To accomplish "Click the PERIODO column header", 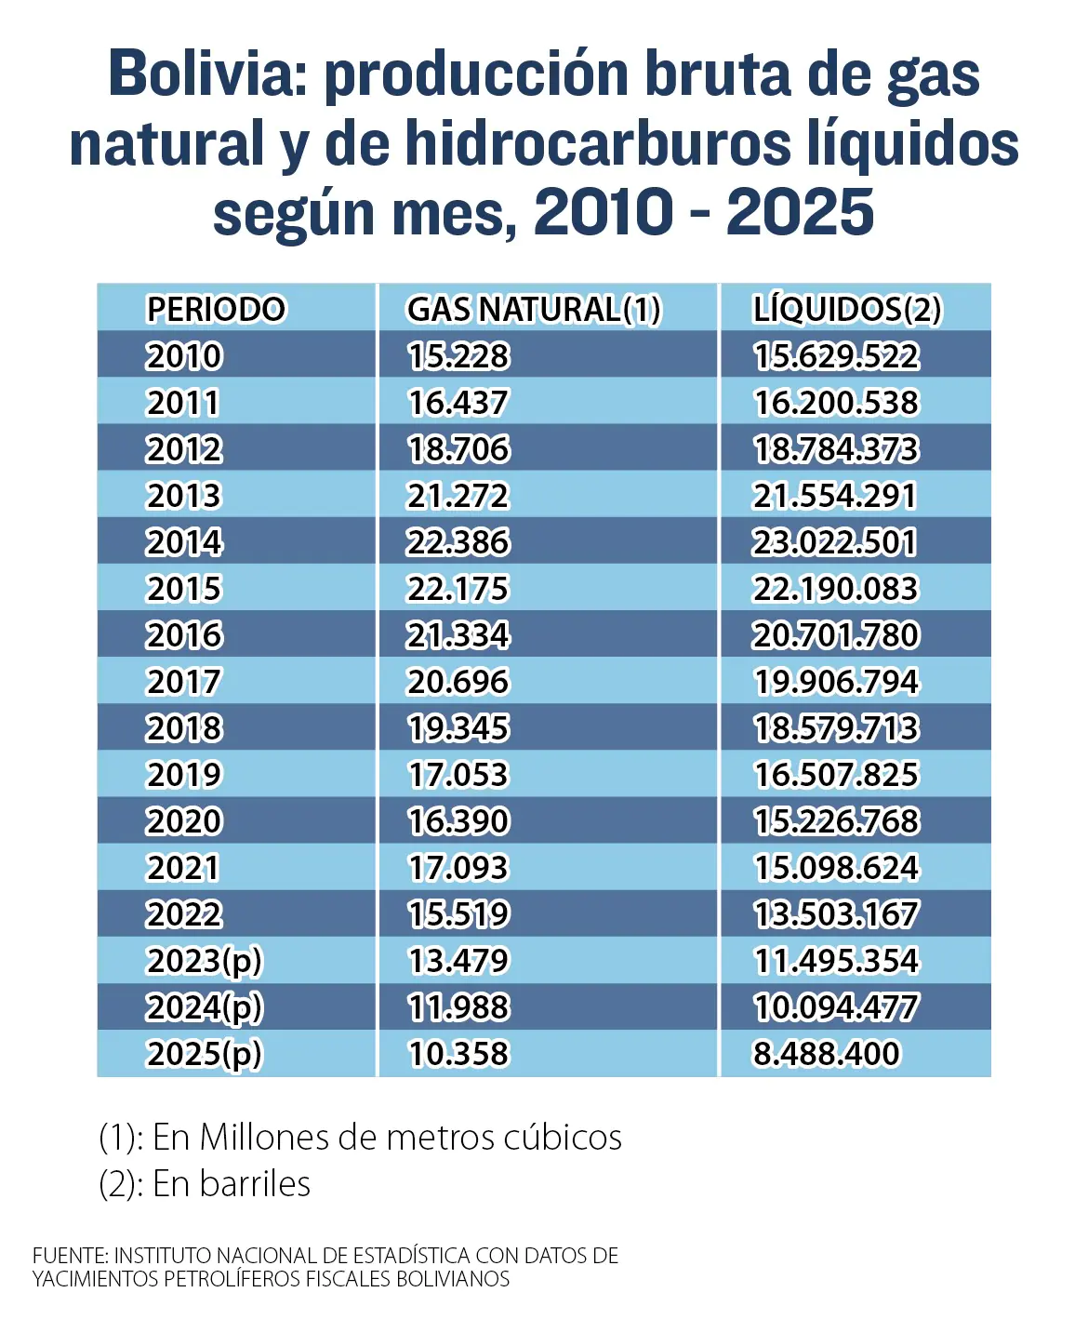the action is [x=216, y=309].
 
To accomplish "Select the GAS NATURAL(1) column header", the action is [x=534, y=310].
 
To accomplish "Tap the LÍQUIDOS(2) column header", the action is [x=847, y=310].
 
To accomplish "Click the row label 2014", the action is [x=184, y=542].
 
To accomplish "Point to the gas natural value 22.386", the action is [x=458, y=542].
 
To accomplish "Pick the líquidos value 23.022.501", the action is [x=834, y=542].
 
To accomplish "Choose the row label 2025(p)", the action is [x=204, y=1054].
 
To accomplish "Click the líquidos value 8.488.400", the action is [x=827, y=1053].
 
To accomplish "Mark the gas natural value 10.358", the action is [x=458, y=1053].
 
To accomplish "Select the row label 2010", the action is [x=184, y=355].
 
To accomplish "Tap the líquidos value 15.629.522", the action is [x=837, y=355].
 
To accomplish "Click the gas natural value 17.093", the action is [x=458, y=867].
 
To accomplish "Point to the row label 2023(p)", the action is [x=204, y=962].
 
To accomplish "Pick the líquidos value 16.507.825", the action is [x=837, y=775].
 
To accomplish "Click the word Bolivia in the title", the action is [x=207, y=74].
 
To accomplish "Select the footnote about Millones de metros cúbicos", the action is [x=361, y=1138].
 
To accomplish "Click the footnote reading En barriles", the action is [x=205, y=1184].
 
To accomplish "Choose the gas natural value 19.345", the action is [x=458, y=727].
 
